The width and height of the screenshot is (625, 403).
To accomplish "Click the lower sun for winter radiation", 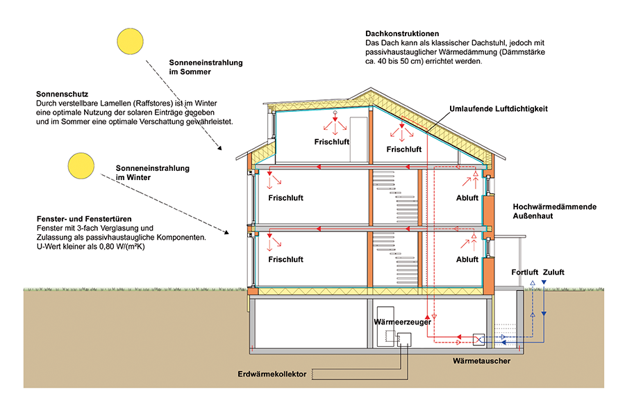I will [x=80, y=165].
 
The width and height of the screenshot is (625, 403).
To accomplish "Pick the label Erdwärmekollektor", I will [x=272, y=374].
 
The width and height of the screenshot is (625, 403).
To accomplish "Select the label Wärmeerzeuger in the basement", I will [x=402, y=322].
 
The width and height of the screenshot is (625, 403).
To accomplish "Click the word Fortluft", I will [x=525, y=272].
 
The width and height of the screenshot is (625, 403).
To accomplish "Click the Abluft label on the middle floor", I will [x=467, y=198].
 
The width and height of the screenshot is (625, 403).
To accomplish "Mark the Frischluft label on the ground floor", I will [x=285, y=259].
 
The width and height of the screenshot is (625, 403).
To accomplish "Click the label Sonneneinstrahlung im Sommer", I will [x=206, y=67].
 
